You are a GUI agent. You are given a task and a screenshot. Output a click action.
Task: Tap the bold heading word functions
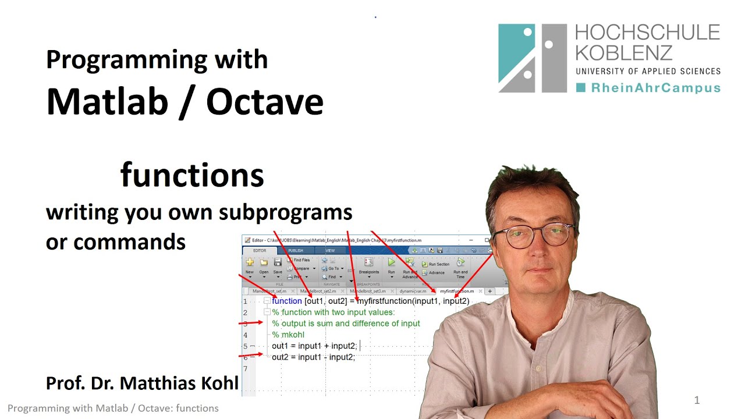pyautogui.click(x=192, y=175)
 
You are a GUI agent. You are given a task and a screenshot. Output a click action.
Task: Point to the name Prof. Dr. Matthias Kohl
pyautogui.click(x=142, y=383)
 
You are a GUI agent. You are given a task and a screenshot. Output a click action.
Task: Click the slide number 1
pyautogui.click(x=697, y=400)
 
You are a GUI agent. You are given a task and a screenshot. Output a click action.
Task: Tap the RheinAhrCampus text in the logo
pyautogui.click(x=655, y=88)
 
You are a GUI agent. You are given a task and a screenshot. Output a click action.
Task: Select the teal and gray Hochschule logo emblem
pyautogui.click(x=532, y=58)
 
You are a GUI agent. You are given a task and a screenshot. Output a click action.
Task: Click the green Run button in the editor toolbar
pyautogui.click(x=391, y=263)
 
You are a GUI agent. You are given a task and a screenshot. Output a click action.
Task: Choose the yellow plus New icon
pyautogui.click(x=250, y=262)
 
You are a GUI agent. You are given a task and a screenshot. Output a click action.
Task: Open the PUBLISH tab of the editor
pyautogui.click(x=296, y=251)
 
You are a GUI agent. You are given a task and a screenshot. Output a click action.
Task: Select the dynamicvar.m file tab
pyautogui.click(x=413, y=291)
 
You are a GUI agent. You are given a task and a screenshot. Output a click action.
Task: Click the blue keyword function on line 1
pyautogui.click(x=286, y=301)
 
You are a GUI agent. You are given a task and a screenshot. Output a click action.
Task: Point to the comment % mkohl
pyautogui.click(x=288, y=335)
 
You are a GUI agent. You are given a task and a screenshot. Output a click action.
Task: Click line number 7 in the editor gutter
pyautogui.click(x=246, y=368)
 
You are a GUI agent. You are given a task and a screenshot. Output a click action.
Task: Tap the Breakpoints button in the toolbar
pyautogui.click(x=368, y=266)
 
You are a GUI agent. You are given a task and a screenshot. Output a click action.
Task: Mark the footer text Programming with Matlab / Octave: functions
pyautogui.click(x=113, y=409)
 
